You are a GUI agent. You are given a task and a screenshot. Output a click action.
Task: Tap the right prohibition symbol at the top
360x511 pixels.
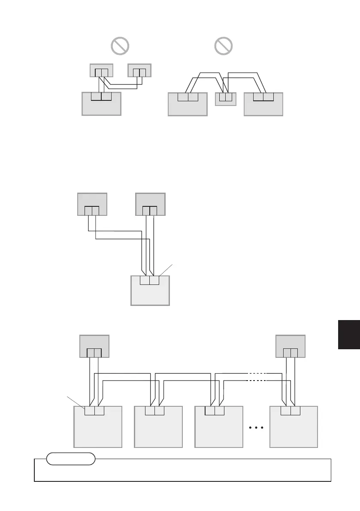[223, 45]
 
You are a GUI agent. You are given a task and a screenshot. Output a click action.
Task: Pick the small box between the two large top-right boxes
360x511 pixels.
[225, 99]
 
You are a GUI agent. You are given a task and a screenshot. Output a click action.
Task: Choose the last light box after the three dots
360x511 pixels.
[293, 429]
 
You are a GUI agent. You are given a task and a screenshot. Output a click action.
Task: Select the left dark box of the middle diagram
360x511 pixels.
[92, 205]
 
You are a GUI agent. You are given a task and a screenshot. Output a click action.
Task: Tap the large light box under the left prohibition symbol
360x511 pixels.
[101, 105]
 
